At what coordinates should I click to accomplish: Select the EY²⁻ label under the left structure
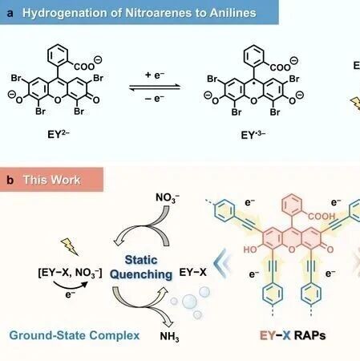(58, 134)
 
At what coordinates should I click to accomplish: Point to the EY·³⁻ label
(253, 135)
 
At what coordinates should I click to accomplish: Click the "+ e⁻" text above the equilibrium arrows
(155, 75)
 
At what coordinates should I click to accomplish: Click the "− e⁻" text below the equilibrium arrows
(155, 99)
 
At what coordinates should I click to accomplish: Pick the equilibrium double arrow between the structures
(155, 87)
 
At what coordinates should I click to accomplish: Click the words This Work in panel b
(51, 180)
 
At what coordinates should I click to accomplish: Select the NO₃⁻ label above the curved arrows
(168, 198)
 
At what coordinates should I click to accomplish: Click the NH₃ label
(169, 337)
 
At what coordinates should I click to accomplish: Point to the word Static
(141, 260)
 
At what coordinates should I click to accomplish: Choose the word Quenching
(141, 274)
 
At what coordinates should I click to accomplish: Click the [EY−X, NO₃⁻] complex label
(70, 273)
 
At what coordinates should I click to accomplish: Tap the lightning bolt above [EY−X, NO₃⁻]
(70, 246)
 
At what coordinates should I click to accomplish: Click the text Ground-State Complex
(75, 335)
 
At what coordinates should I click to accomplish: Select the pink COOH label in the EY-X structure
(322, 216)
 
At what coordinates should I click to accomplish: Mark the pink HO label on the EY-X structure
(250, 249)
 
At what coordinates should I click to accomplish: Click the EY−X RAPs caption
(293, 335)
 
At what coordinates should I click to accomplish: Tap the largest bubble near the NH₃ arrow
(189, 302)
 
